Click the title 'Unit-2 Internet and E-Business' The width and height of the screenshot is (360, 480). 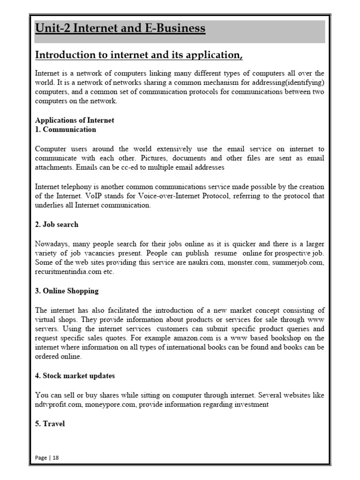(x=120, y=29)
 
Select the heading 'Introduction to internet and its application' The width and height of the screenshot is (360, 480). (x=139, y=55)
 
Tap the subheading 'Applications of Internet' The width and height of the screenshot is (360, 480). (x=75, y=120)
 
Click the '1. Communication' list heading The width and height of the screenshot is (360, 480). (x=66, y=129)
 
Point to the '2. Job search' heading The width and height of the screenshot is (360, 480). (x=57, y=225)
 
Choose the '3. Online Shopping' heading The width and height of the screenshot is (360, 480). (x=67, y=291)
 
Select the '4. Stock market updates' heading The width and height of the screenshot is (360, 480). (x=75, y=376)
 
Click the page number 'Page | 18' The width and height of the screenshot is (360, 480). (x=47, y=457)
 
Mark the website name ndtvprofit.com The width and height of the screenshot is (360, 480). (x=59, y=405)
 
